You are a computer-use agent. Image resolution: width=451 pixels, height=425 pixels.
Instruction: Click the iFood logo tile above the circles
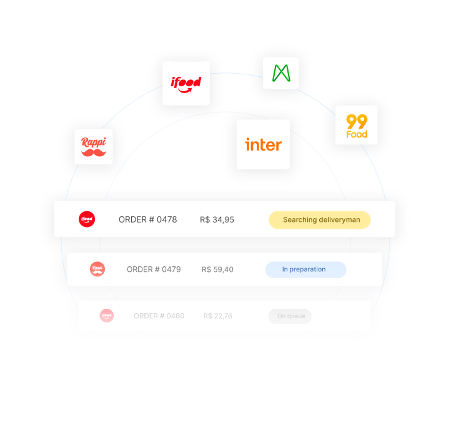[186, 83]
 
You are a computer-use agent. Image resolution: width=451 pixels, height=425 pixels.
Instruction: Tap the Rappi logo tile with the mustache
[94, 147]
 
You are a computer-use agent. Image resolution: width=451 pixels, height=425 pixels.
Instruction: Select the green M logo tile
[281, 73]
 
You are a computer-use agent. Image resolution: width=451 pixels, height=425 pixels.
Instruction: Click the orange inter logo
[263, 144]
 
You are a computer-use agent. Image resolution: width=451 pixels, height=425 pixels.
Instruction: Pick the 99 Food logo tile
[357, 125]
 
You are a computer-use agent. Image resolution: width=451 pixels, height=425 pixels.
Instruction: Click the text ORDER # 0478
[148, 219]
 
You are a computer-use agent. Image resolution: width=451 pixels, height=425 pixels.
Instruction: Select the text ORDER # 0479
[154, 269]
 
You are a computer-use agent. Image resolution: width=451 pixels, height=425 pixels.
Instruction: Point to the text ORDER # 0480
[159, 316]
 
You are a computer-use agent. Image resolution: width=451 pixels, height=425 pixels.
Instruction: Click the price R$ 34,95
[217, 219]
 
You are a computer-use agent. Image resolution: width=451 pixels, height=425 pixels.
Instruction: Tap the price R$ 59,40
[217, 269]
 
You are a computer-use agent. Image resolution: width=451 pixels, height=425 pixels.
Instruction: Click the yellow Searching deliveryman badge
[320, 220]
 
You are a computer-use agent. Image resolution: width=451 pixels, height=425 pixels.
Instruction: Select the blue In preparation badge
[305, 269]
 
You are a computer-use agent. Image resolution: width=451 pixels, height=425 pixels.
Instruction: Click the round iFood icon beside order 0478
[87, 219]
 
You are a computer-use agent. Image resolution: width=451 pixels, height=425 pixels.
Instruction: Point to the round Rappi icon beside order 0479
[97, 269]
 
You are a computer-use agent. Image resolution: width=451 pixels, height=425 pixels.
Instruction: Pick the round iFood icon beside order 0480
[107, 316]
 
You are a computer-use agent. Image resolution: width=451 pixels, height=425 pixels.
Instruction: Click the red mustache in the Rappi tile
[94, 152]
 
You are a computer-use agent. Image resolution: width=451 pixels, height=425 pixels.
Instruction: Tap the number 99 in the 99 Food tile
[357, 121]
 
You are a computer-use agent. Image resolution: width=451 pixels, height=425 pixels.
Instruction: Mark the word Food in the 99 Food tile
[357, 134]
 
